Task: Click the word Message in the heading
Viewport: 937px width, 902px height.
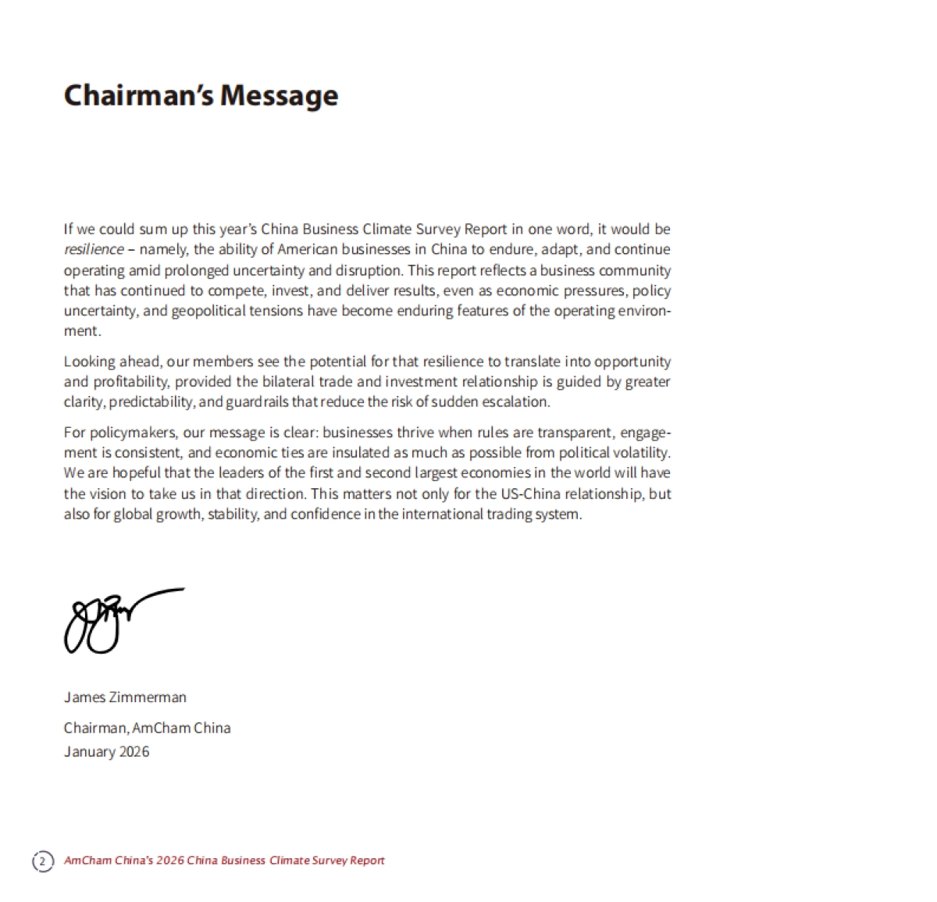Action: [279, 95]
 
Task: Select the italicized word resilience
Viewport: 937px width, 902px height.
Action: [94, 250]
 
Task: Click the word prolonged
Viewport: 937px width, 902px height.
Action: [197, 270]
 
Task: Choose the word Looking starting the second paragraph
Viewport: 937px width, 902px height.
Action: [88, 362]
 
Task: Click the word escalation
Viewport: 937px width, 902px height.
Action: [518, 402]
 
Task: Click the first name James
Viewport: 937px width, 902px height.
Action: [84, 697]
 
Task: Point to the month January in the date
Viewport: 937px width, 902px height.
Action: [89, 752]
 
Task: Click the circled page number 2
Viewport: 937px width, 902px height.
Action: [43, 861]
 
